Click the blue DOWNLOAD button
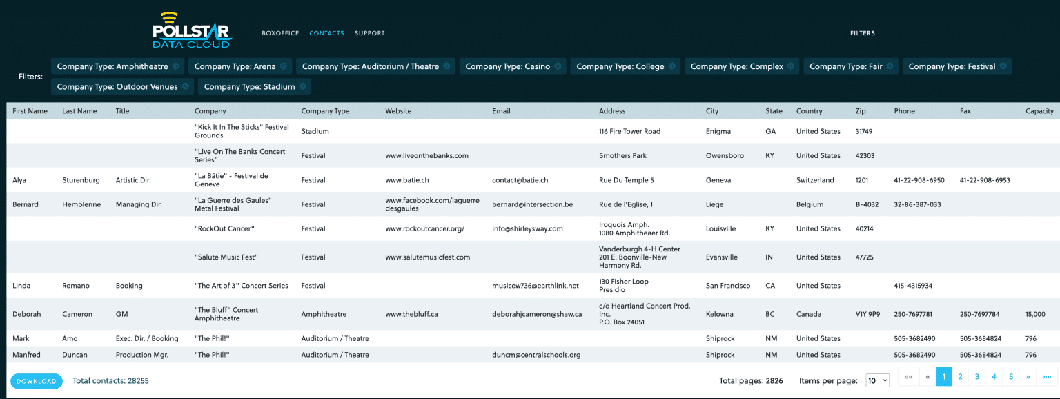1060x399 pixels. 36,381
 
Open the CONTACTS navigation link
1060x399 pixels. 326,33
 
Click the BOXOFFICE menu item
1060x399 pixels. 280,33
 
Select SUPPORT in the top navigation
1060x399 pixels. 370,33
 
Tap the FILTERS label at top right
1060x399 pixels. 862,33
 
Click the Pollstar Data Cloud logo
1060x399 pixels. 192,31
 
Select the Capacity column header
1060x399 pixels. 1039,111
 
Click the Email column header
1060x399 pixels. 501,111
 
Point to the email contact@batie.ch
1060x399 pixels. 520,180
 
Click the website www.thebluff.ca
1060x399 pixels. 411,314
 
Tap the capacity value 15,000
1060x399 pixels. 1035,314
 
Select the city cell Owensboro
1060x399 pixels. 725,156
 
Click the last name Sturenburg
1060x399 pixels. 81,180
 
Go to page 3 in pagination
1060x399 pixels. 977,376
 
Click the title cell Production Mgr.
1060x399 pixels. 143,355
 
